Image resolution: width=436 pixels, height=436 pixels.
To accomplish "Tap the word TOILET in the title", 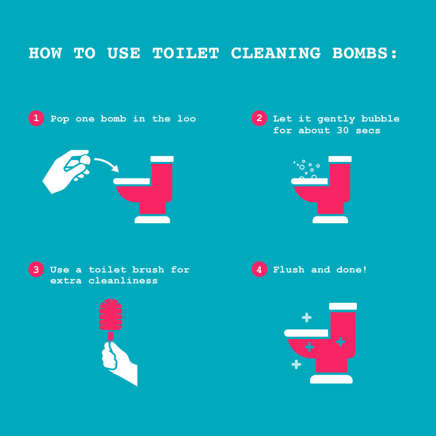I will pos(186,53).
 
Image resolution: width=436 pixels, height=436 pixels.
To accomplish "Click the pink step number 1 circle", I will pos(36,118).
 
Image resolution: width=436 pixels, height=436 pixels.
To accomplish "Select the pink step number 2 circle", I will pos(259,118).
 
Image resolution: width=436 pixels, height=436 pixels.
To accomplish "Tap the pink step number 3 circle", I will pos(36,269).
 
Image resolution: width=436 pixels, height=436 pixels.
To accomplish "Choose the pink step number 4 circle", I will pos(259,269).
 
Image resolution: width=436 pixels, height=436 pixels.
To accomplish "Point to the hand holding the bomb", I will pos(65,172).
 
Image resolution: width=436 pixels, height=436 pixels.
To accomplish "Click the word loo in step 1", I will pos(187,119).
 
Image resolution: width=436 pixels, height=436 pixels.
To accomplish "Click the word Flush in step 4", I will pos(289,269).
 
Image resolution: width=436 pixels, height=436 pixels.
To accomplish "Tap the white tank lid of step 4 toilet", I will pos(343,306).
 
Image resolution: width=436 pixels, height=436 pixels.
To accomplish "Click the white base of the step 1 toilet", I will pos(152,220).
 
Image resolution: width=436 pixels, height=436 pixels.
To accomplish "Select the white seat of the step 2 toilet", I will pos(309,181).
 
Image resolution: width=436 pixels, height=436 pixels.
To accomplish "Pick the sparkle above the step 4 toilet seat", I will pos(307,317).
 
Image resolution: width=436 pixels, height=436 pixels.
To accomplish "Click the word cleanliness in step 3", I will pos(123,281).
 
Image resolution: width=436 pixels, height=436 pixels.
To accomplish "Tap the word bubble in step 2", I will pos(380,119).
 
